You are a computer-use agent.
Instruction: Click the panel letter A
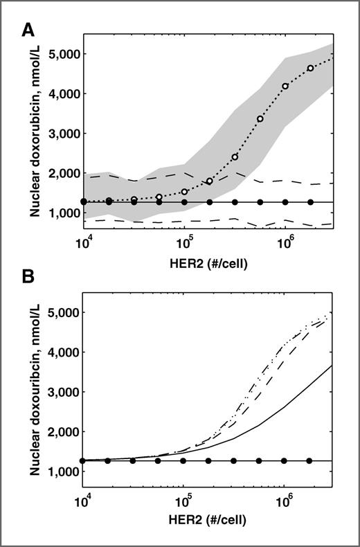(28, 28)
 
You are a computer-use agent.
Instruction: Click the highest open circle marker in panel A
(311, 68)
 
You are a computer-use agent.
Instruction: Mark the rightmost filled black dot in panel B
(309, 460)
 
